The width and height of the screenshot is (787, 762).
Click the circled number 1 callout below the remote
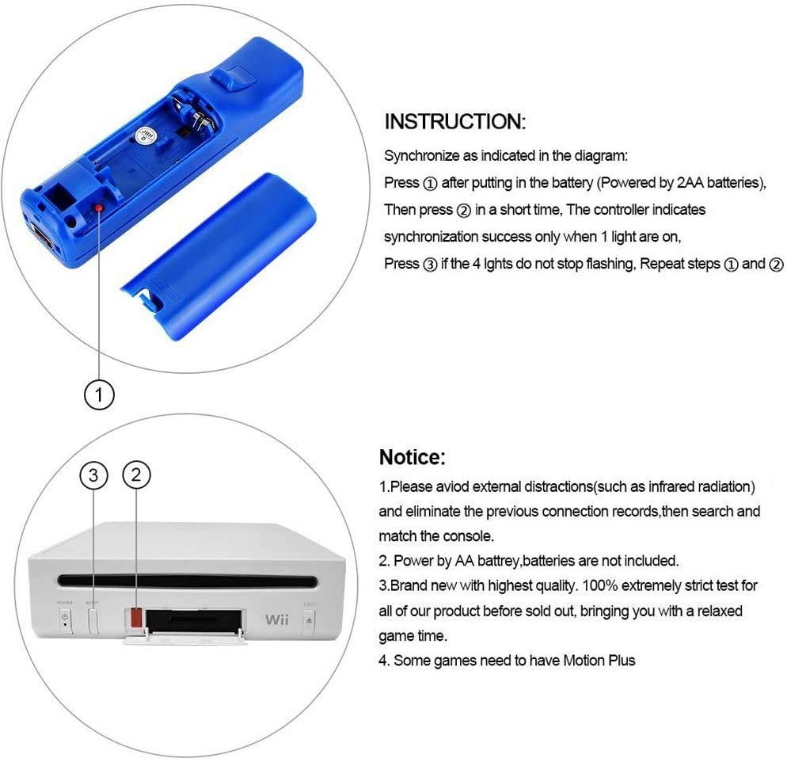click(x=100, y=394)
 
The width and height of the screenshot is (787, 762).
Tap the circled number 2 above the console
click(x=136, y=474)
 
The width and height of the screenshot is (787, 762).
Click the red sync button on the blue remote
click(x=98, y=208)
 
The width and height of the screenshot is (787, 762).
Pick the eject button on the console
click(x=308, y=619)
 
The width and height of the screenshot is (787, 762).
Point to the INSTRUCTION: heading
click(x=454, y=122)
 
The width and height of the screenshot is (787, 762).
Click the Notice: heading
click(x=413, y=457)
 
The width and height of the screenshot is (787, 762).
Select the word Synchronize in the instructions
click(x=421, y=156)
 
